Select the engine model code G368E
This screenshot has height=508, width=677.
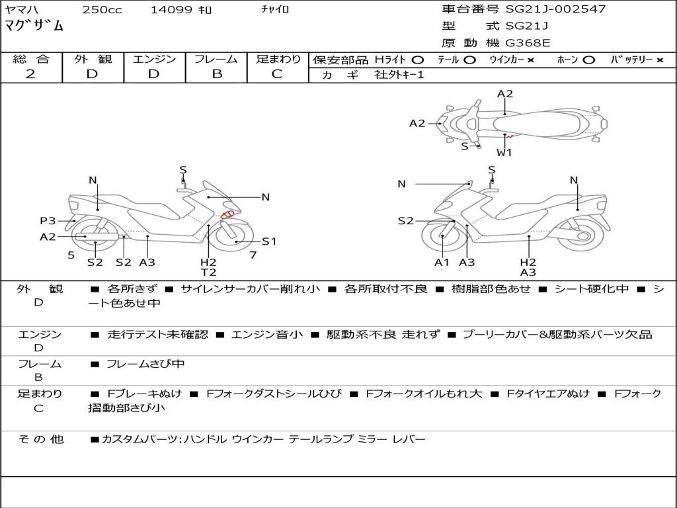pyautogui.click(x=528, y=43)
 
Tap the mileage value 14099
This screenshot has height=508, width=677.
pyautogui.click(x=171, y=9)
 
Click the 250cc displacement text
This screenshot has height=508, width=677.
pyautogui.click(x=102, y=9)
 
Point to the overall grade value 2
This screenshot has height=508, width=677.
pyautogui.click(x=30, y=73)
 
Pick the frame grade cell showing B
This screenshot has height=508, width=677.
pyautogui.click(x=216, y=73)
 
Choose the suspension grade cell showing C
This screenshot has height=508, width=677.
pyautogui.click(x=277, y=73)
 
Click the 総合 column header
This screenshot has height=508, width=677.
pyautogui.click(x=31, y=59)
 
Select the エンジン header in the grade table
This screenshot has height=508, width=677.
pyautogui.click(x=154, y=59)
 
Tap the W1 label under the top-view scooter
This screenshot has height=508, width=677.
pyautogui.click(x=504, y=152)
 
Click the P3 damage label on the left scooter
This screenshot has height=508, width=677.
pyautogui.click(x=48, y=221)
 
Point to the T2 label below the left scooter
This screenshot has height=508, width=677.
pyautogui.click(x=208, y=272)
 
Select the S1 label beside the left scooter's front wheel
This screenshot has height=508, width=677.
pyautogui.click(x=269, y=241)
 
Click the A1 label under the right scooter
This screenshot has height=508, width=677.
pyautogui.click(x=442, y=262)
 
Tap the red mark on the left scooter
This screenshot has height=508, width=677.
pyautogui.click(x=228, y=214)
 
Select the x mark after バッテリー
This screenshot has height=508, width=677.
pyautogui.click(x=659, y=60)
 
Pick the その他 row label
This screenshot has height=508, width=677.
pyautogui.click(x=40, y=439)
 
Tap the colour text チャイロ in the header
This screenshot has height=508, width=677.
pyautogui.click(x=275, y=9)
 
